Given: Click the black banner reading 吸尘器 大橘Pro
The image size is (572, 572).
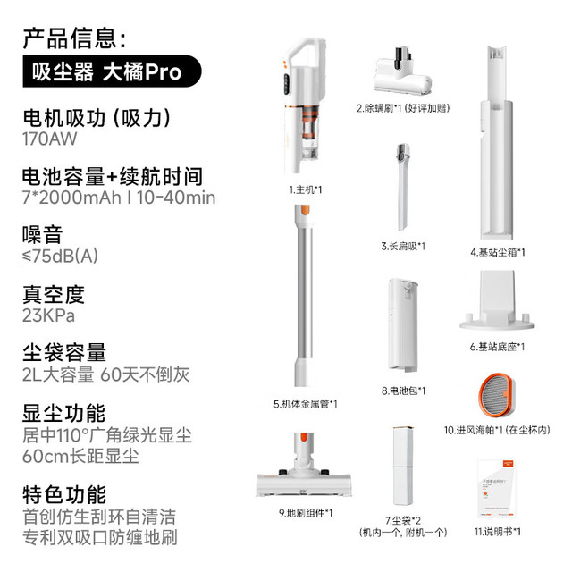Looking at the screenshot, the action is click(112, 71).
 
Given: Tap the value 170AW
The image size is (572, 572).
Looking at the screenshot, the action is click(50, 139).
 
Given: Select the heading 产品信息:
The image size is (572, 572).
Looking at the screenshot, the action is click(74, 38).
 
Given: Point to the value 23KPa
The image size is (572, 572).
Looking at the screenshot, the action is click(48, 315).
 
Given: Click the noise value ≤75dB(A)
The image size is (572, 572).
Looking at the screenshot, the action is click(60, 257).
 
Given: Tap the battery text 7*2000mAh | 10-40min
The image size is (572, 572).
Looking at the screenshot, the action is click(119, 198).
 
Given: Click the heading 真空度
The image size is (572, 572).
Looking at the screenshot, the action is click(54, 294).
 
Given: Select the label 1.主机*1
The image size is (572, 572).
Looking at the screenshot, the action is click(306, 189).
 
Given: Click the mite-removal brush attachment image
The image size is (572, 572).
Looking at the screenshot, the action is click(402, 72).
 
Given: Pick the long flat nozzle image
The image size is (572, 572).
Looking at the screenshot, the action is click(403, 187).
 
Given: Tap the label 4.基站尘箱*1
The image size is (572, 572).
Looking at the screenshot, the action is click(498, 252).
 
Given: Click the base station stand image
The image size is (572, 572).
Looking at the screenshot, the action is click(497, 300).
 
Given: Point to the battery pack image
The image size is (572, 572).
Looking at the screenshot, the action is click(403, 325).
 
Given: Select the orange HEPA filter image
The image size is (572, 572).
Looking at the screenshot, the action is click(497, 395).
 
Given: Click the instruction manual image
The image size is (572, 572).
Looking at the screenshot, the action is click(497, 489).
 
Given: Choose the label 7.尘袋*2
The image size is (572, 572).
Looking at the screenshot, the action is click(403, 520).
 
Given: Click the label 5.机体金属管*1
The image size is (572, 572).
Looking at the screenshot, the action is click(306, 404).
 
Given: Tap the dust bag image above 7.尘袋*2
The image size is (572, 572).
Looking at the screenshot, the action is click(403, 466).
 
